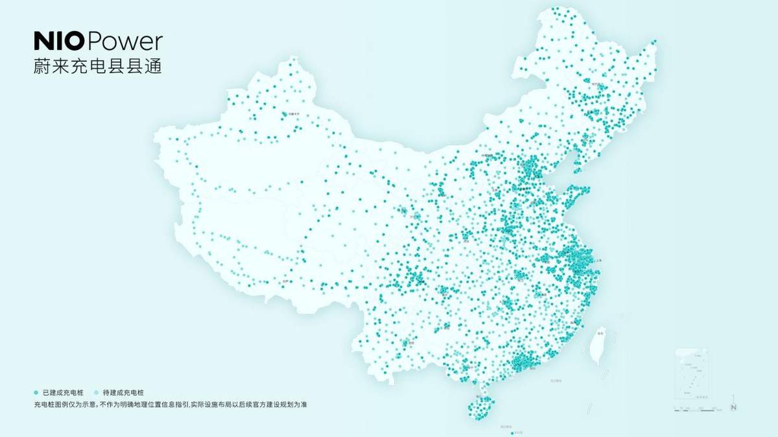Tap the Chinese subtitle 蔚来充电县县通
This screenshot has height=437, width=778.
coord(97,66)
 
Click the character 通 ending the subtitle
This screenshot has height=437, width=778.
coord(153,66)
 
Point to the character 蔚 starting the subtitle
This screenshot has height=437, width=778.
coord(41,66)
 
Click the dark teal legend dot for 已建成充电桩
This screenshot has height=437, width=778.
coord(36,393)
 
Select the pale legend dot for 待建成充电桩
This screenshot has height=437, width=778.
coord(97,393)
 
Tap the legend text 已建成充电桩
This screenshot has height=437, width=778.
coord(64,393)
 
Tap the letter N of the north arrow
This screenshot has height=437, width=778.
coord(734,407)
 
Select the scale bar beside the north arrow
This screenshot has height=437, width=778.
coord(700,409)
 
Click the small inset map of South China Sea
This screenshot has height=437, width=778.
coord(692,373)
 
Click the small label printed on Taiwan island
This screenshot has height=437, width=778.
coord(600,333)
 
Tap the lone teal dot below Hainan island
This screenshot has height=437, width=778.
coord(512,432)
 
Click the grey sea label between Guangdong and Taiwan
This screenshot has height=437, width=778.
coord(555,381)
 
